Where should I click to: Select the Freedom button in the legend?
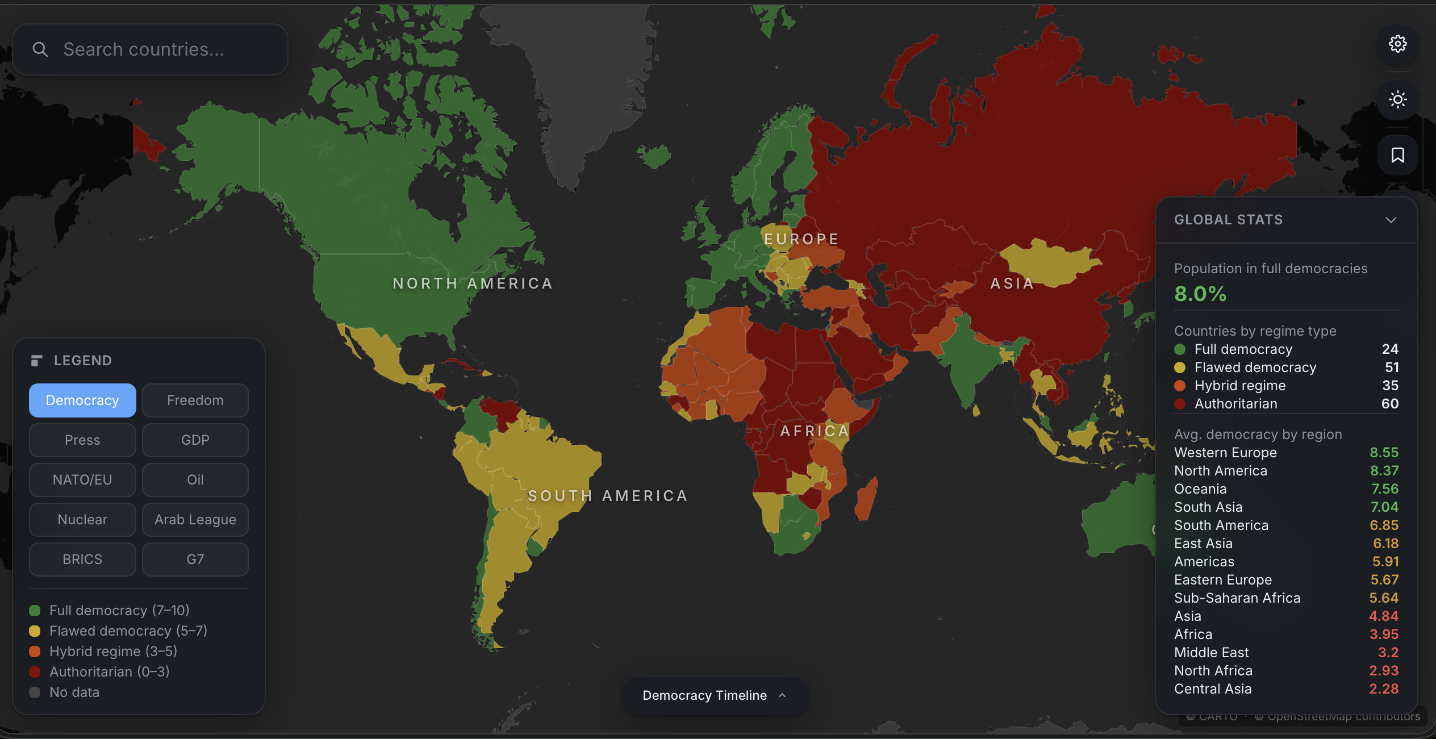(195, 400)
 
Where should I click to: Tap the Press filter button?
(82, 440)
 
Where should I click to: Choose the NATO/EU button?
(82, 480)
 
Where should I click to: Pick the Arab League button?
(195, 520)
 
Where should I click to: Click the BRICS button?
(82, 560)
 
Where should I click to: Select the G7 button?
(195, 560)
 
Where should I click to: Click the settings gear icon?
(1397, 44)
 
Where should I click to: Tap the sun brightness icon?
(1397, 99)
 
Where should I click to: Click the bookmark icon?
(1397, 155)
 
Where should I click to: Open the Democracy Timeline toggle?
(714, 695)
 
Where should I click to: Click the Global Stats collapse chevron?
(1391, 220)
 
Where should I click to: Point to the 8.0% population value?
(1200, 294)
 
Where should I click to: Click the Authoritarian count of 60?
(1389, 404)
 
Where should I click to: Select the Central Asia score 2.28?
(1383, 689)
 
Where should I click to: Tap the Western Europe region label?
(1225, 453)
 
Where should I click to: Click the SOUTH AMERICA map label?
(608, 496)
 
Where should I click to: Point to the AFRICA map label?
(814, 431)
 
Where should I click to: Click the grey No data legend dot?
(35, 692)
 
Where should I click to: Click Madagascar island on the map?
(866, 498)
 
